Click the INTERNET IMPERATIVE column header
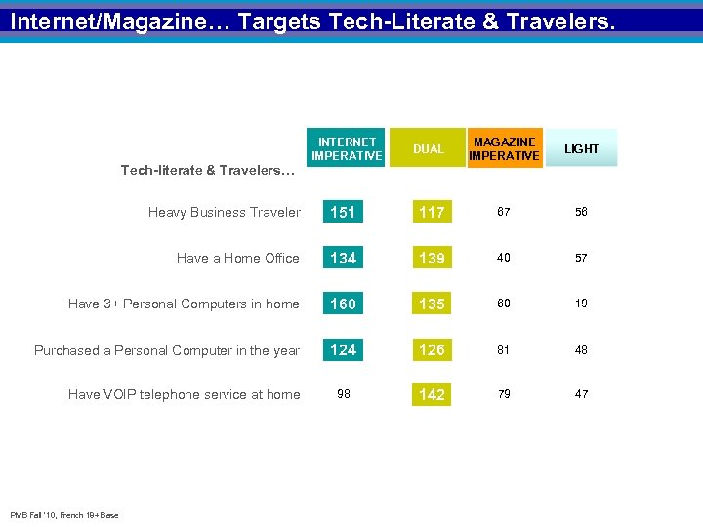pos(347,148)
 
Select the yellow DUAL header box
pos(428,148)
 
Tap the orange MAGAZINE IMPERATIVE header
pos(504,148)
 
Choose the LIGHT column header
pos(581,148)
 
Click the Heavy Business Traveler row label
pos(225,212)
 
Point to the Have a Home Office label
pos(237,258)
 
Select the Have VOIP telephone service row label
pos(184,394)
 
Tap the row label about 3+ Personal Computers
pos(184,304)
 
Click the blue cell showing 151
pos(343,212)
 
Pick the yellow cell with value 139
pos(432,258)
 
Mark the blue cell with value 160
pos(343,304)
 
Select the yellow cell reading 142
pos(432,394)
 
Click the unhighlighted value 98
pos(343,394)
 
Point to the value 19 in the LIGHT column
pos(581,304)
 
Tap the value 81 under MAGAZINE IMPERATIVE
pos(504,349)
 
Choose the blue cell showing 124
pos(343,349)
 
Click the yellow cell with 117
pos(432,212)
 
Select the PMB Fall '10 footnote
pos(63,515)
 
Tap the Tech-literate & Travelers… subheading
pos(207,171)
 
